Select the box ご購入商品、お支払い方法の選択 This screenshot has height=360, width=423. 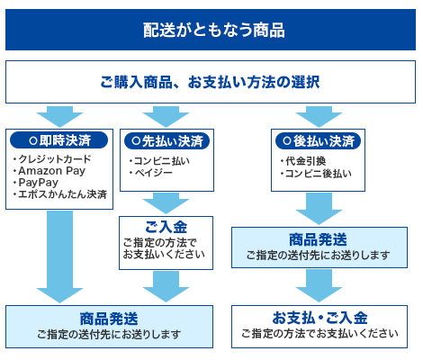click(x=211, y=83)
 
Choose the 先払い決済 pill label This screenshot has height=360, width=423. click(x=166, y=141)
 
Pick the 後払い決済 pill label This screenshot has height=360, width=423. click(x=318, y=141)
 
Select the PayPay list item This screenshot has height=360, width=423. click(x=38, y=183)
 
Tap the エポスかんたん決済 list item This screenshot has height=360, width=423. click(x=59, y=194)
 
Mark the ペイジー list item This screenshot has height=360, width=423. click(x=149, y=174)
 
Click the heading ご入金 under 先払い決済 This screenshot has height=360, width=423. click(x=166, y=225)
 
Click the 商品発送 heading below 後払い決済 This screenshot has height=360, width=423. click(x=317, y=239)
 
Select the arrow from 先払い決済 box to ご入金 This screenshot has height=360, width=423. click(x=166, y=201)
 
